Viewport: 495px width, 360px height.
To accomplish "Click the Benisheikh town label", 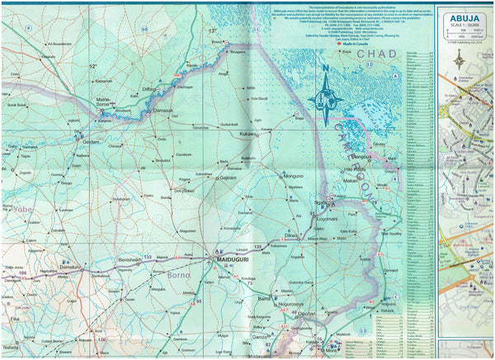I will coord(131,259).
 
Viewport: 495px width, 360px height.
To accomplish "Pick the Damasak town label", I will coord(163,110).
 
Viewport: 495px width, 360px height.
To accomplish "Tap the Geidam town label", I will coord(91,141).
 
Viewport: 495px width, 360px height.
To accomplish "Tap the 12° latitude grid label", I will coord(93,66).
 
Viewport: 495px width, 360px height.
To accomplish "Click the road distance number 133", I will coord(148,258).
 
